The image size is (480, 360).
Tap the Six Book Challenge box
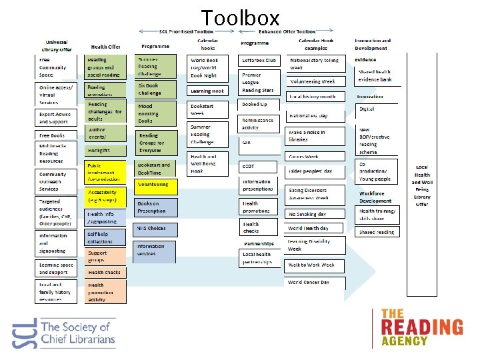pos(157,89)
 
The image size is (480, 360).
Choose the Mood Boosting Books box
pos(157,113)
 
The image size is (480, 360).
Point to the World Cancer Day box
pos(315,282)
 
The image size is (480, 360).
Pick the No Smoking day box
pos(315,214)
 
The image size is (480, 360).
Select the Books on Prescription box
pos(157,207)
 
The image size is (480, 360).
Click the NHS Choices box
pos(155,229)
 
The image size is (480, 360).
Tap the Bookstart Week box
pos(209,109)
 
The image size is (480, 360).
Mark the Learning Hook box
pos(209,91)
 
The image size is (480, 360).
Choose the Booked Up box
pos(258,105)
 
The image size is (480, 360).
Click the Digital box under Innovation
pos(377,109)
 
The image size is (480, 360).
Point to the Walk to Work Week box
pos(315,265)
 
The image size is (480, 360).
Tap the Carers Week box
pos(315,157)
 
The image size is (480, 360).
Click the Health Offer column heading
pos(105,47)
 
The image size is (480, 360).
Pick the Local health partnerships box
pos(258,258)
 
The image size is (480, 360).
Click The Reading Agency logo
pos(421,327)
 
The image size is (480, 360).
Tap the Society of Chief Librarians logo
pos(64,332)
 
